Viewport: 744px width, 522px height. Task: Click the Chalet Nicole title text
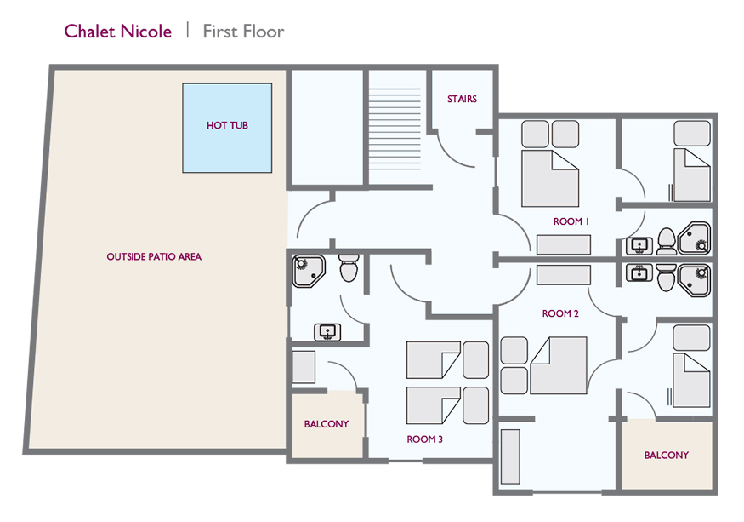pyautogui.click(x=117, y=32)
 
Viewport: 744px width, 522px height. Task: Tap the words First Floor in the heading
pyautogui.click(x=243, y=32)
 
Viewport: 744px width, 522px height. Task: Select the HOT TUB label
pyautogui.click(x=227, y=126)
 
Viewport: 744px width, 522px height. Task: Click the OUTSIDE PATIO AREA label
pyautogui.click(x=154, y=256)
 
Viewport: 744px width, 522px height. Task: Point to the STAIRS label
pyautogui.click(x=462, y=99)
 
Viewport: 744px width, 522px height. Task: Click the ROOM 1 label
pyautogui.click(x=571, y=221)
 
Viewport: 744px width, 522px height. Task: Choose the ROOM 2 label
pyautogui.click(x=560, y=313)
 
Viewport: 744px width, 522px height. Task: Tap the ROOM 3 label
pyautogui.click(x=424, y=439)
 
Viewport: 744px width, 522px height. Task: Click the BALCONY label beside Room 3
pyautogui.click(x=327, y=424)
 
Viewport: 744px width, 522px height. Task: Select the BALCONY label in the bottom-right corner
pyautogui.click(x=666, y=456)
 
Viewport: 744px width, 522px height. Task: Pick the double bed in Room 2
pyautogui.click(x=558, y=364)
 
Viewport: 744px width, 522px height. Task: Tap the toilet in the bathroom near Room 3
pyautogui.click(x=349, y=268)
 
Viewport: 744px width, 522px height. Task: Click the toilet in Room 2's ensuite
pyautogui.click(x=667, y=276)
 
